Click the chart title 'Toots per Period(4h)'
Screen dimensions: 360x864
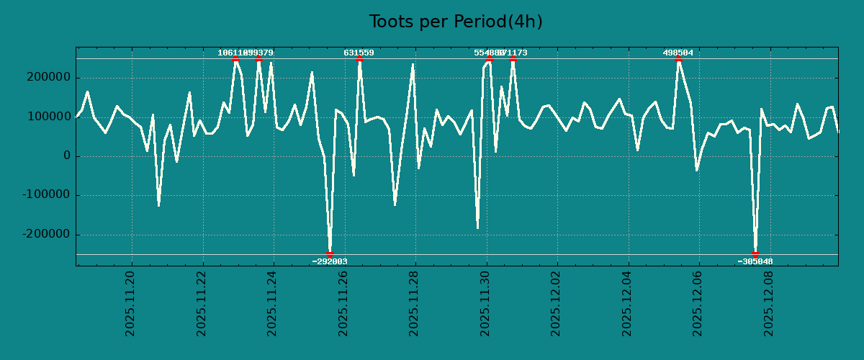[456, 22]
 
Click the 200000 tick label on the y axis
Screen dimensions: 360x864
[48, 78]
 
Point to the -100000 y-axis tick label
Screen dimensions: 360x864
[45, 195]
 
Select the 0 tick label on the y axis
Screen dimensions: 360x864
[67, 156]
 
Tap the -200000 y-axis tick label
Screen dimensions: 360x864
[45, 235]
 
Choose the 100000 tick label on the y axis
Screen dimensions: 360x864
[48, 117]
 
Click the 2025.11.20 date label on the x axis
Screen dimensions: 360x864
[130, 303]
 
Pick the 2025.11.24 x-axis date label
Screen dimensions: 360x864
[272, 303]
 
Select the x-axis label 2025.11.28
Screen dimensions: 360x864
[414, 303]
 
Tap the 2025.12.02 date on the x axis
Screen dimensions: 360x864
[556, 303]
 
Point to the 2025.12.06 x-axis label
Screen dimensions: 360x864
[698, 303]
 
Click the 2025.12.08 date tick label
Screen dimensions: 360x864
[769, 303]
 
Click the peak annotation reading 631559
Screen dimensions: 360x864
[359, 53]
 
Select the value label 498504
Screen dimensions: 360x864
[678, 53]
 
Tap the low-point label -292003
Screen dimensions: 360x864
[330, 261]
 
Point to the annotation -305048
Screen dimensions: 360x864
[755, 261]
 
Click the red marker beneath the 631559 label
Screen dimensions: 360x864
[359, 59]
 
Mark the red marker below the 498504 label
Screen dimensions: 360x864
[678, 59]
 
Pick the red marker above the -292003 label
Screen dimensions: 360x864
[330, 254]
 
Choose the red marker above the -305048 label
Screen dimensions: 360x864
[755, 254]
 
